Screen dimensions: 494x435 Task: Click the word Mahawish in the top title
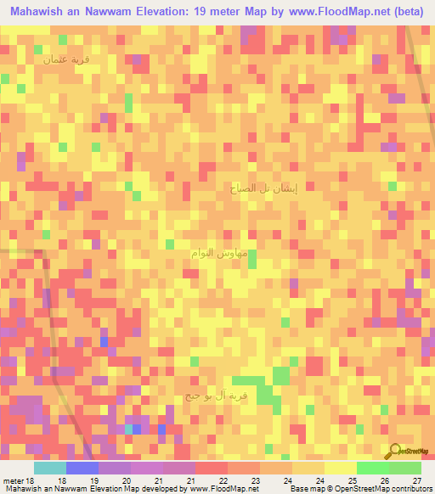(x=44, y=12)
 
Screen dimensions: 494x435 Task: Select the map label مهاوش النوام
(x=217, y=254)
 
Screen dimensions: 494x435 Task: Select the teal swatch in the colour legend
(x=49, y=468)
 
